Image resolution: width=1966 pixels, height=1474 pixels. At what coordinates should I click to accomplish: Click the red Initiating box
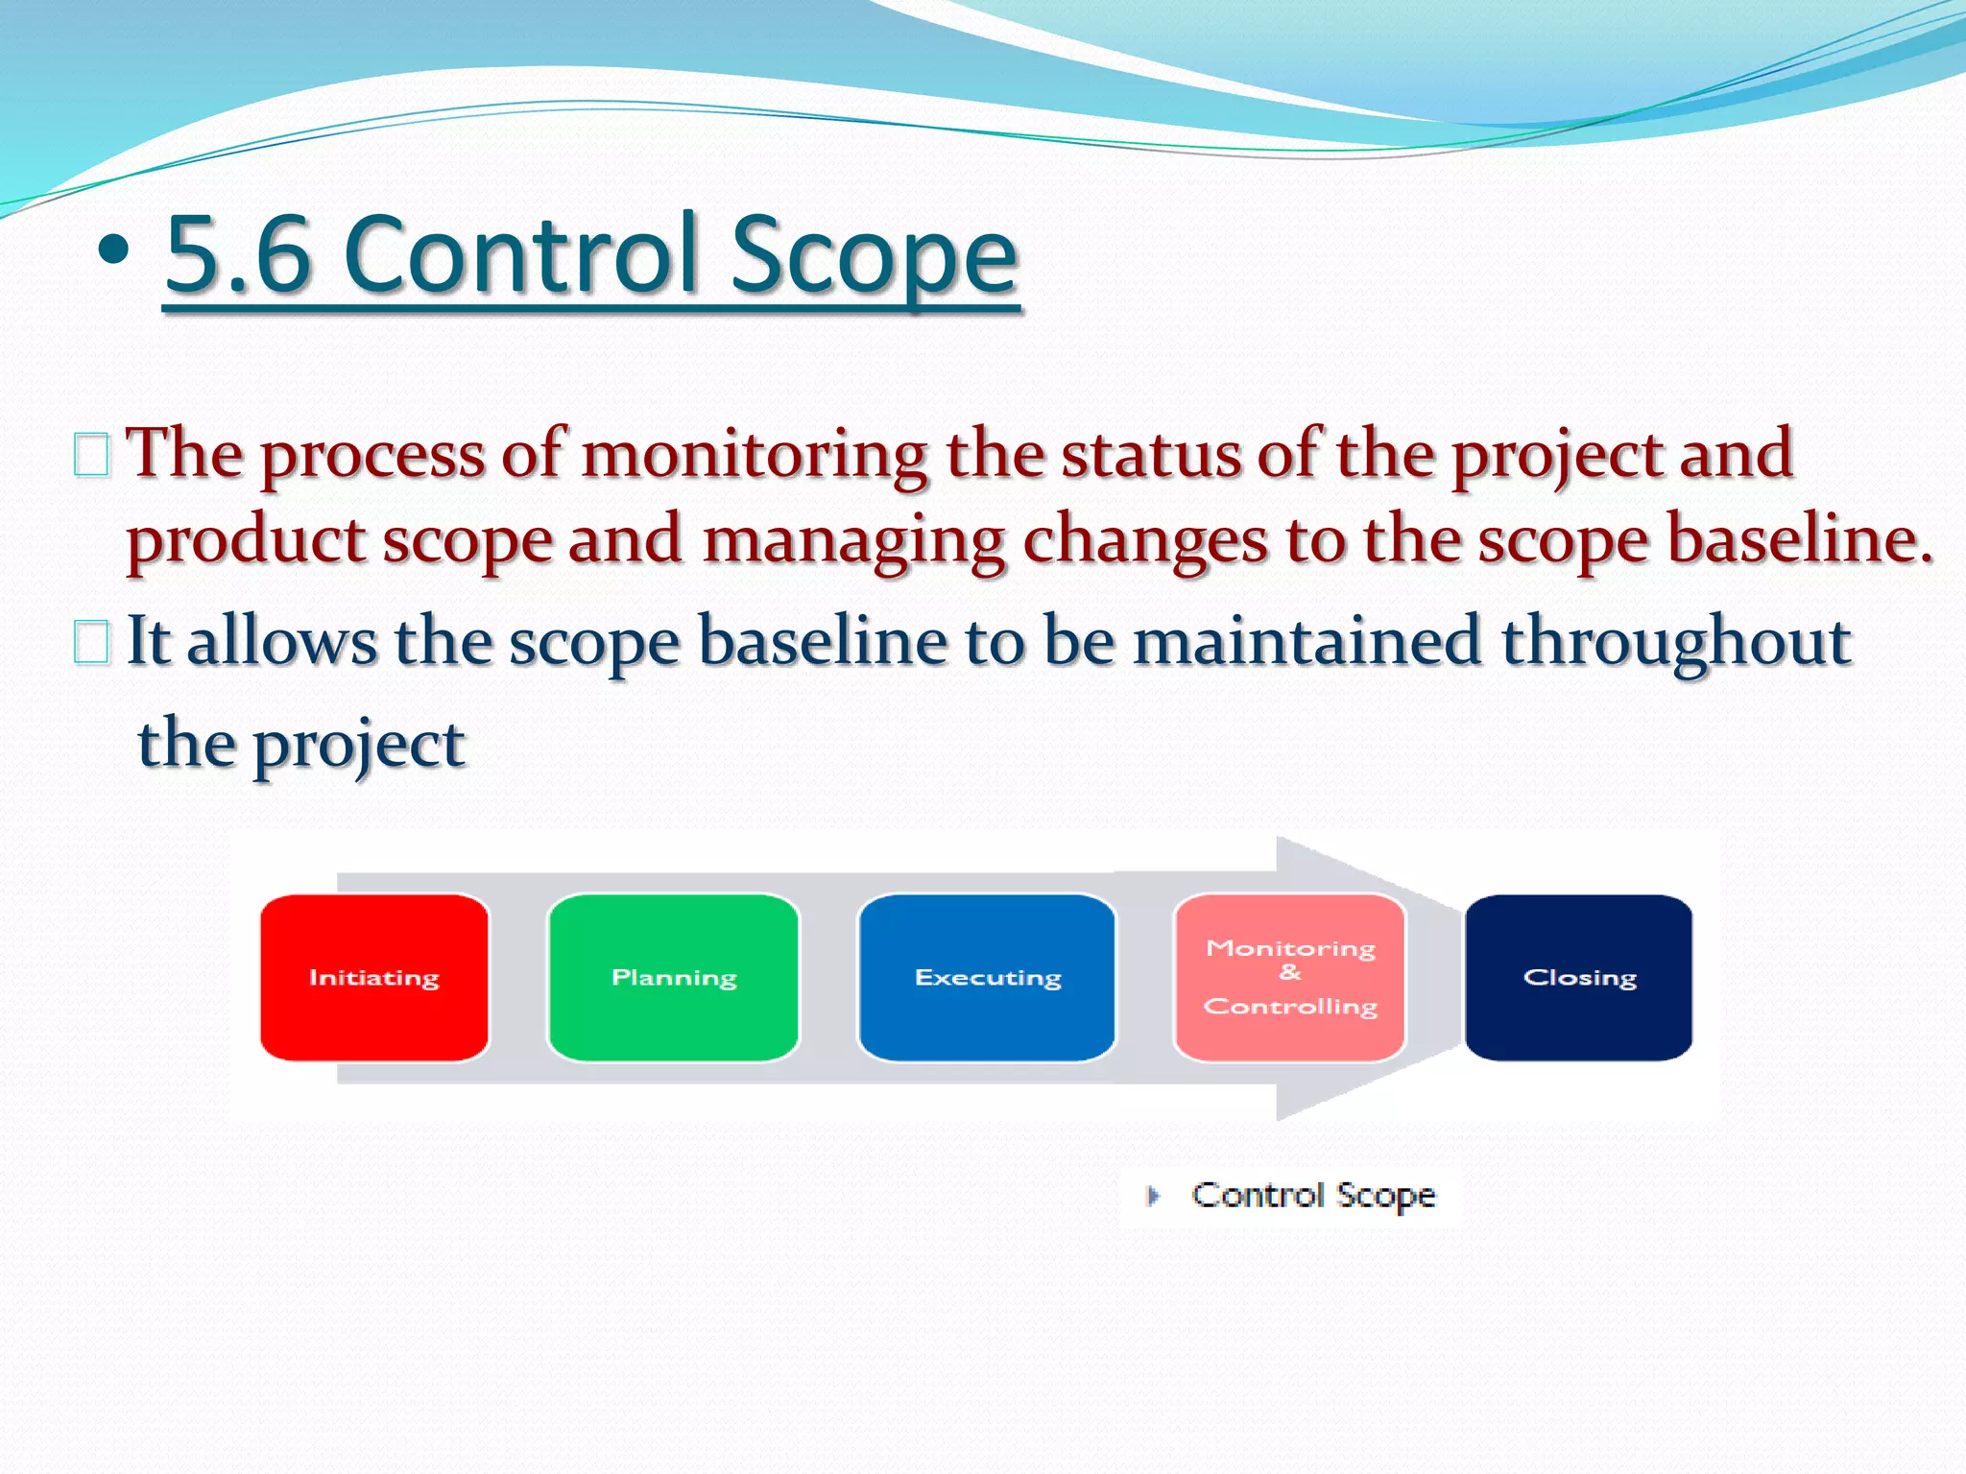(374, 977)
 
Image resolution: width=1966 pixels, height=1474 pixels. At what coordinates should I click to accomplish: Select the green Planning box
(674, 977)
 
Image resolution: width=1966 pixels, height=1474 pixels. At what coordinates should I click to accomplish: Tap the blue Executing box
(988, 977)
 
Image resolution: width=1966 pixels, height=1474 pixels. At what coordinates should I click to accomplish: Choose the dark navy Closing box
(1579, 977)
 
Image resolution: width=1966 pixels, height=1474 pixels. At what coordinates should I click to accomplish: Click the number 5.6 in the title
(238, 254)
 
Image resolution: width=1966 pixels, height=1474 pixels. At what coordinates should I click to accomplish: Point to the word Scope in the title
(873, 254)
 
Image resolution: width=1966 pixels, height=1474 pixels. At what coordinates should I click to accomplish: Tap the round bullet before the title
(113, 250)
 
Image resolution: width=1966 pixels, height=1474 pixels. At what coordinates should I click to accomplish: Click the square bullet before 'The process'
(91, 455)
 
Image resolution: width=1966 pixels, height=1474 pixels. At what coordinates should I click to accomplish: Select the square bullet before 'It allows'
(91, 642)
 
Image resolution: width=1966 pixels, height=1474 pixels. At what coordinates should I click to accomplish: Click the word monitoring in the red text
(755, 455)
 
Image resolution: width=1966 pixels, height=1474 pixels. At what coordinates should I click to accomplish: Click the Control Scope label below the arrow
(1313, 1196)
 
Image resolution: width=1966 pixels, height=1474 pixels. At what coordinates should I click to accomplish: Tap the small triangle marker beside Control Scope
(1154, 1196)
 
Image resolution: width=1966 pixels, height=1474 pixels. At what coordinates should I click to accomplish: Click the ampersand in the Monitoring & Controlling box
(1290, 973)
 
